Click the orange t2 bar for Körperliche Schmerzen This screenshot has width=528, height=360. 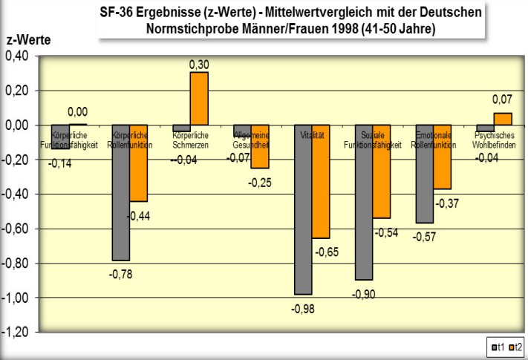tap(199, 99)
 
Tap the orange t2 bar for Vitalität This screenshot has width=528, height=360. tap(321, 181)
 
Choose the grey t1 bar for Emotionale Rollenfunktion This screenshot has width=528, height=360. tap(425, 174)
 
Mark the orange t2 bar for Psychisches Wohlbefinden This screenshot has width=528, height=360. tap(503, 119)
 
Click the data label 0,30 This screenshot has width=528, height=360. tap(199, 65)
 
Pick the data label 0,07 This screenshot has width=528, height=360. tap(503, 99)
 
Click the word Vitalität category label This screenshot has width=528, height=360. tap(312, 136)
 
